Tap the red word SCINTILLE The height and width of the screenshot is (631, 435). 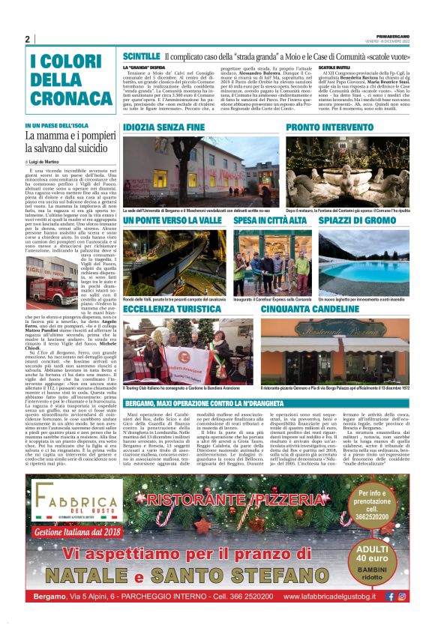click(x=139, y=56)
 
